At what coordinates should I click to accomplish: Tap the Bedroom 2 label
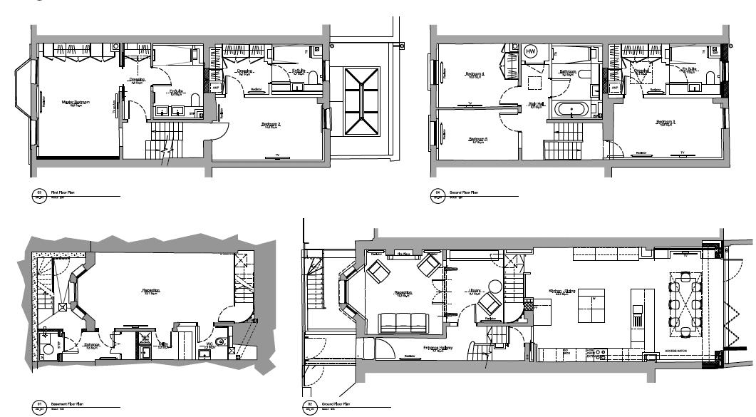click(271, 124)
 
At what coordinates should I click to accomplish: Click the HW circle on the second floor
click(530, 51)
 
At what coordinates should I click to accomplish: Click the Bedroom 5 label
click(477, 139)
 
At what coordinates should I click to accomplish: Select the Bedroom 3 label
click(666, 122)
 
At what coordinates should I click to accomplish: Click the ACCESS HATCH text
click(675, 351)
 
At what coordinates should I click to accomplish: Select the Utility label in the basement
click(163, 344)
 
